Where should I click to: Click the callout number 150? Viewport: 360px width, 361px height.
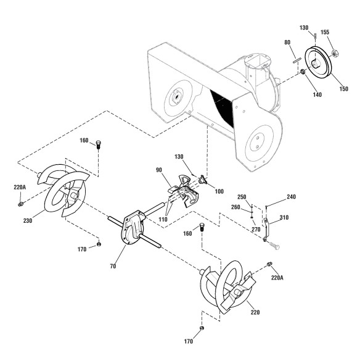click(x=344, y=89)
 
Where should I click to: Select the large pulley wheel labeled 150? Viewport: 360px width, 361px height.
click(x=318, y=62)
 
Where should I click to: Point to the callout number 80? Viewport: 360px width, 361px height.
click(x=287, y=43)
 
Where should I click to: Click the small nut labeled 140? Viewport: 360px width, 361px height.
click(x=303, y=72)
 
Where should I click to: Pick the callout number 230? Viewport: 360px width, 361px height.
click(x=28, y=220)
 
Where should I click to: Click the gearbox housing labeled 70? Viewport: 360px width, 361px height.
click(x=133, y=228)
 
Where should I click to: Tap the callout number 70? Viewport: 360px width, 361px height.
click(x=113, y=266)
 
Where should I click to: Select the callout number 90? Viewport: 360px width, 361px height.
click(x=159, y=170)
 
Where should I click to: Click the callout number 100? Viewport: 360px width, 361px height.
click(x=219, y=191)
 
